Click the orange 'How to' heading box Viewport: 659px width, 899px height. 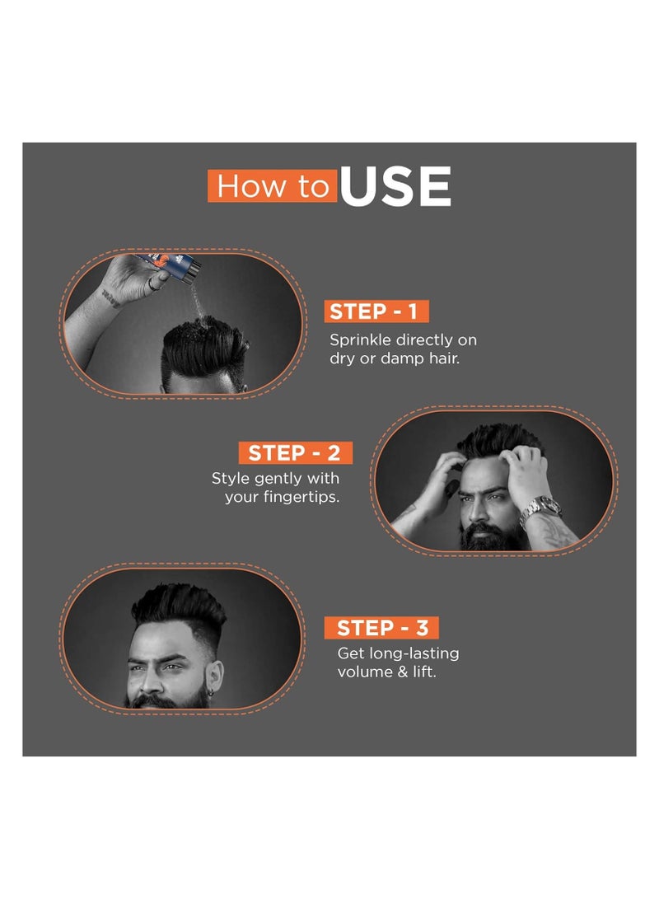[273, 186]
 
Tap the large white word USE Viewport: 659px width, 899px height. [395, 187]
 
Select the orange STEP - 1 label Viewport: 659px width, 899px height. [376, 311]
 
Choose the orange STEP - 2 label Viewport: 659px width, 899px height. [295, 452]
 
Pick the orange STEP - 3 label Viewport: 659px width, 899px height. [382, 627]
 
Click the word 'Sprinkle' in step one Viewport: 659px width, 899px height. [360, 339]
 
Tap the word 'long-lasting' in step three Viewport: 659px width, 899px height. [417, 653]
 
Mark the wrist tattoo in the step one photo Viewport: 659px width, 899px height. [111, 297]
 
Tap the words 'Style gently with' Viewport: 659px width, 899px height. [275, 478]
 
